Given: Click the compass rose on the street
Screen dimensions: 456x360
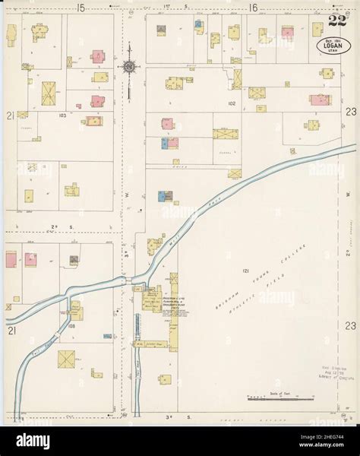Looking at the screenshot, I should [x=130, y=67].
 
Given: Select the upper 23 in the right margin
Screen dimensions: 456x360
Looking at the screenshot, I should [x=350, y=111].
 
